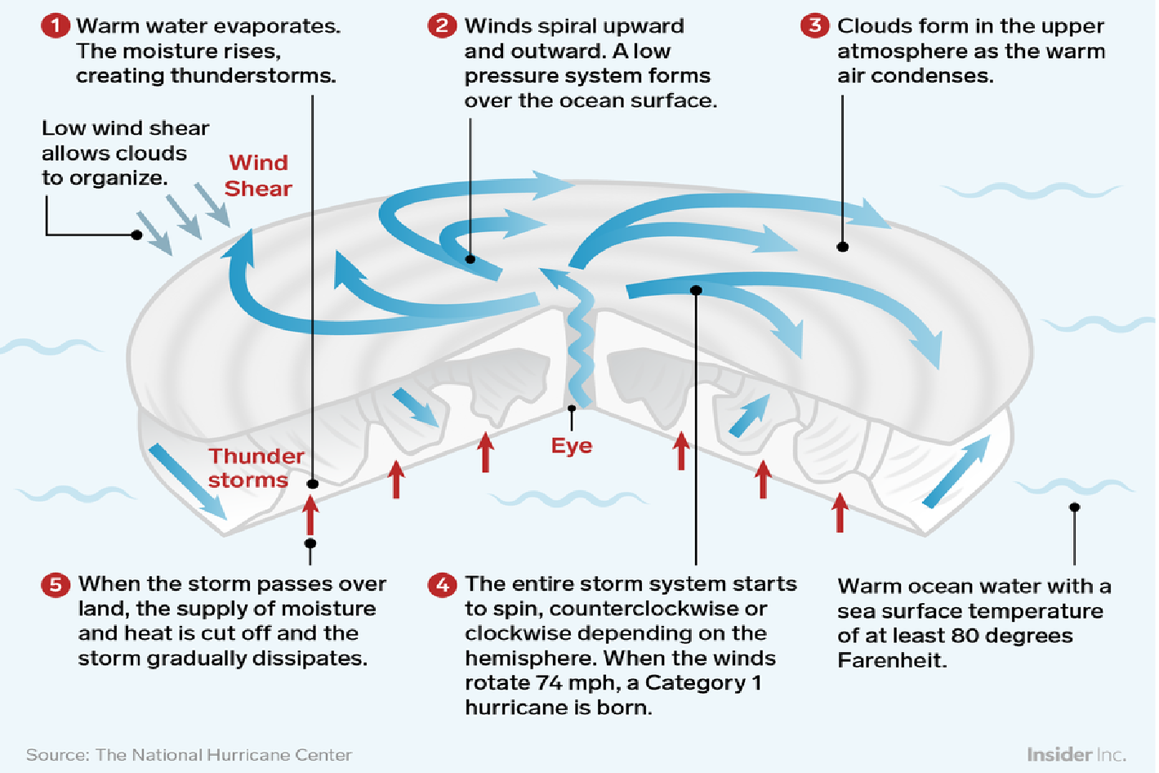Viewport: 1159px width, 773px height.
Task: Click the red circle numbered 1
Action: pyautogui.click(x=56, y=25)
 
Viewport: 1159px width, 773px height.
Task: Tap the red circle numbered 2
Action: pyautogui.click(x=442, y=25)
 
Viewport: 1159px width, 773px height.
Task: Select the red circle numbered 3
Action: pyautogui.click(x=814, y=25)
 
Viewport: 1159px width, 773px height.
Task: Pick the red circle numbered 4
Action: pyautogui.click(x=443, y=584)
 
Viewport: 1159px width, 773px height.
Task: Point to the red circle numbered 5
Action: pyautogui.click(x=56, y=584)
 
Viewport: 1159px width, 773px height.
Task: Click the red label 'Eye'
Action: pyautogui.click(x=571, y=446)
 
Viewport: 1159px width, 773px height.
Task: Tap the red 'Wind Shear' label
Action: pyautogui.click(x=258, y=176)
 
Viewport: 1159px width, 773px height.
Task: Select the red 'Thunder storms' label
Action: pyautogui.click(x=255, y=468)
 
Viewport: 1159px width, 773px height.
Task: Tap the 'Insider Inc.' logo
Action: pyautogui.click(x=1076, y=754)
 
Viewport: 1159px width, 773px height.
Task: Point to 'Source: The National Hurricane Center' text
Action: pyautogui.click(x=189, y=755)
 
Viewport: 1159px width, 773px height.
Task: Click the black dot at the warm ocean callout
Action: pyautogui.click(x=1075, y=507)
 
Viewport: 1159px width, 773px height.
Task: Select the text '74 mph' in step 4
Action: pyautogui.click(x=577, y=683)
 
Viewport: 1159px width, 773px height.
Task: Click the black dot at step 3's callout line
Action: pyautogui.click(x=842, y=247)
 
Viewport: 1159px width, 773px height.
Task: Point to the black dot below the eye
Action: pyautogui.click(x=572, y=408)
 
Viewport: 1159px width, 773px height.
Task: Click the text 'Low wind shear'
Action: pyautogui.click(x=125, y=128)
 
